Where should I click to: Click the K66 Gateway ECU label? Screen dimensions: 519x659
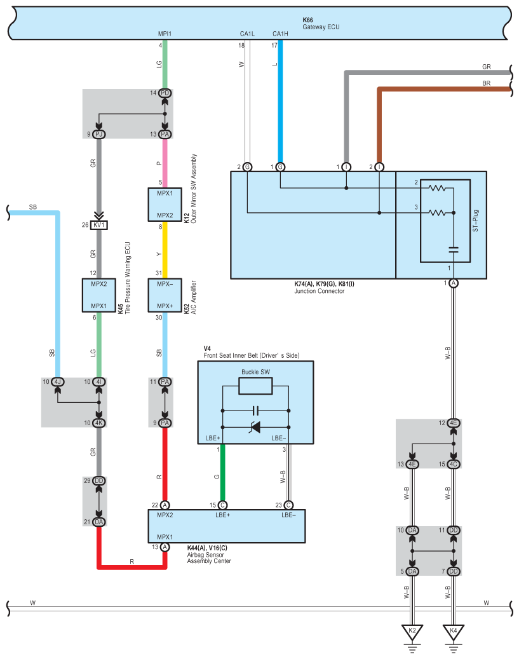pyautogui.click(x=321, y=24)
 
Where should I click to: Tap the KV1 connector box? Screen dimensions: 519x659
pyautogui.click(x=99, y=225)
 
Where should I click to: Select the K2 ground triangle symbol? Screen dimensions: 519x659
pyautogui.click(x=412, y=632)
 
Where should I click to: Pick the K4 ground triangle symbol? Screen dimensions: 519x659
pyautogui.click(x=454, y=632)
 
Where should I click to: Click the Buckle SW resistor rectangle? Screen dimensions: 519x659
pyautogui.click(x=255, y=386)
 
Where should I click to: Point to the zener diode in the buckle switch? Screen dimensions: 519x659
pyautogui.click(x=255, y=428)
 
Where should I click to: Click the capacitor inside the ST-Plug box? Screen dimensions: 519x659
pyautogui.click(x=454, y=250)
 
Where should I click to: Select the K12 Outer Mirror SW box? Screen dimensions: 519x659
pyautogui.click(x=165, y=204)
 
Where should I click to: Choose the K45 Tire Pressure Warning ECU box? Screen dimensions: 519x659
pyautogui.click(x=99, y=295)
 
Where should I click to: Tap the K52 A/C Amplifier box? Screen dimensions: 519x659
pyautogui.click(x=165, y=295)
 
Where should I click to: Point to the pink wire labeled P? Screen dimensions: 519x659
pyautogui.click(x=165, y=163)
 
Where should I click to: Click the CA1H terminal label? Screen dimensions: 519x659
pyautogui.click(x=280, y=34)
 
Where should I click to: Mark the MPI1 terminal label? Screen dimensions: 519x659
pyautogui.click(x=165, y=34)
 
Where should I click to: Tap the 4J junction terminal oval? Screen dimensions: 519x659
pyautogui.click(x=58, y=382)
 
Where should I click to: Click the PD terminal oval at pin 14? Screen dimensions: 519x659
pyautogui.click(x=165, y=93)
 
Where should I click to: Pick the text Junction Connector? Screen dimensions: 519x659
pyautogui.click(x=320, y=291)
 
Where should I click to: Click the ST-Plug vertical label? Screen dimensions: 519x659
pyautogui.click(x=475, y=221)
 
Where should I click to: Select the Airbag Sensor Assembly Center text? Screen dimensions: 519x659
pyautogui.click(x=209, y=558)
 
